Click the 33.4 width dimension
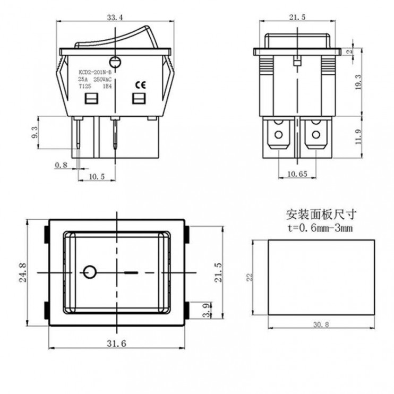[x=115, y=18]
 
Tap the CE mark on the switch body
[x=141, y=84]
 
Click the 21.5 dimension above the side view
[x=297, y=18]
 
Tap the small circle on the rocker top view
[x=91, y=272]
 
